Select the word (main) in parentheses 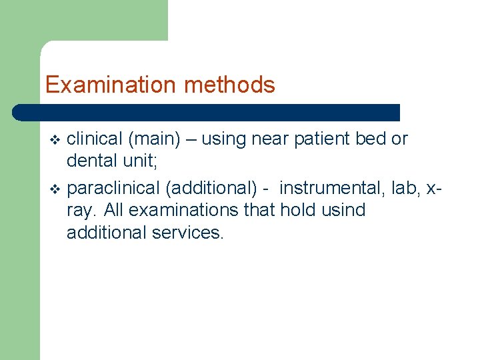pos(153,139)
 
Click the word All pos(115,210)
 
